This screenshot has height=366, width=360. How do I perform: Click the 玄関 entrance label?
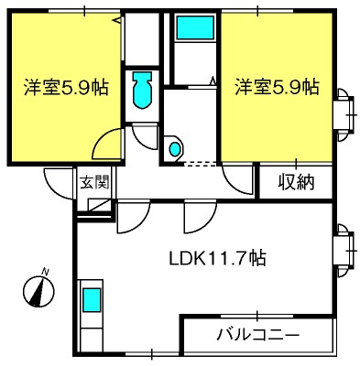(x=94, y=182)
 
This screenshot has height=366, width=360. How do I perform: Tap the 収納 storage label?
(x=296, y=183)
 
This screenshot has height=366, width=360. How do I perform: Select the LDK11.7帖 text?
(x=218, y=258)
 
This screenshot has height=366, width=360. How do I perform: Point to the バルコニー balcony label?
(x=257, y=335)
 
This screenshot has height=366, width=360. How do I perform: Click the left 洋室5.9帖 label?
(x=66, y=87)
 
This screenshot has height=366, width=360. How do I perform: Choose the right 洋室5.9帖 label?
(x=277, y=87)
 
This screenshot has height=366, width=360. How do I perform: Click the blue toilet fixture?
(x=142, y=91)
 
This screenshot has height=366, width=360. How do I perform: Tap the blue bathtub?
(x=195, y=27)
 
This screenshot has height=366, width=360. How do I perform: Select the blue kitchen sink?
(x=92, y=300)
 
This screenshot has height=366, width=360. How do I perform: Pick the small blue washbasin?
(x=175, y=149)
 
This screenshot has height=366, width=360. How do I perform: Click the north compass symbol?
(x=39, y=291)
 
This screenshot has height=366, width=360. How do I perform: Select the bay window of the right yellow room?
(x=346, y=114)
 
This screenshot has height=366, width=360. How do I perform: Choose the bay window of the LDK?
(x=346, y=251)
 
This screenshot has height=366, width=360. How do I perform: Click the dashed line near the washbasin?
(x=201, y=164)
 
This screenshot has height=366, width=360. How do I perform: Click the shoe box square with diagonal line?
(x=100, y=205)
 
